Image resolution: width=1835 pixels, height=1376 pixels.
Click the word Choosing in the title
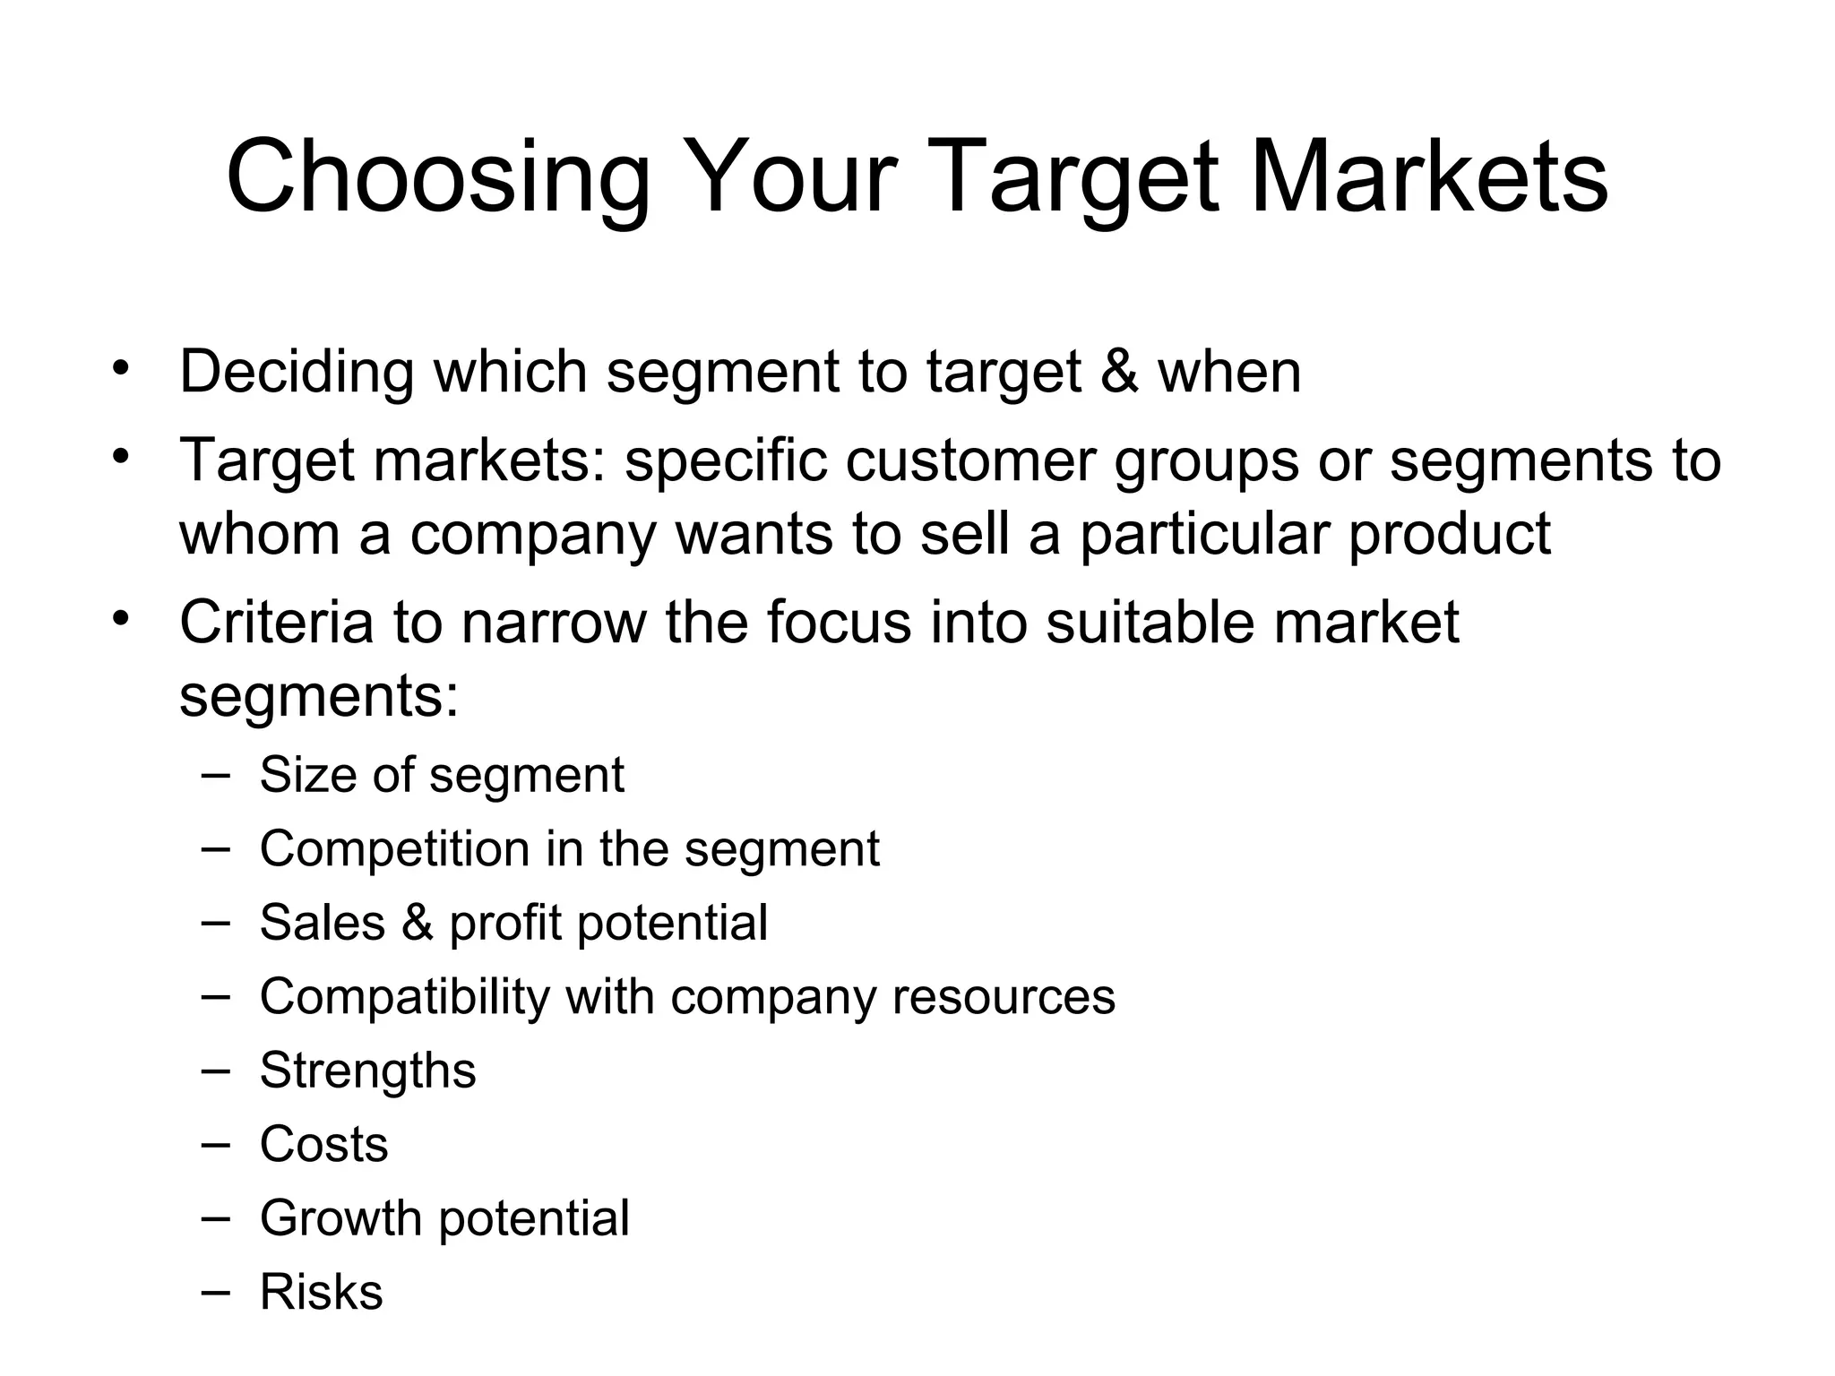(437, 176)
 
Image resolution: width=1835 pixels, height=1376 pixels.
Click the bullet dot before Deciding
(122, 367)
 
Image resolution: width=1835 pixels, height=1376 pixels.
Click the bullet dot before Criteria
(122, 618)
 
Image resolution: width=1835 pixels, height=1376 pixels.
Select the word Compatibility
(403, 997)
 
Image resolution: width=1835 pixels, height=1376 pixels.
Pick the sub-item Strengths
(367, 1071)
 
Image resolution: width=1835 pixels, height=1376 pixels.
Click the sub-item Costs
(323, 1145)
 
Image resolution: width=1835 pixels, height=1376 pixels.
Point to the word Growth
(340, 1218)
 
